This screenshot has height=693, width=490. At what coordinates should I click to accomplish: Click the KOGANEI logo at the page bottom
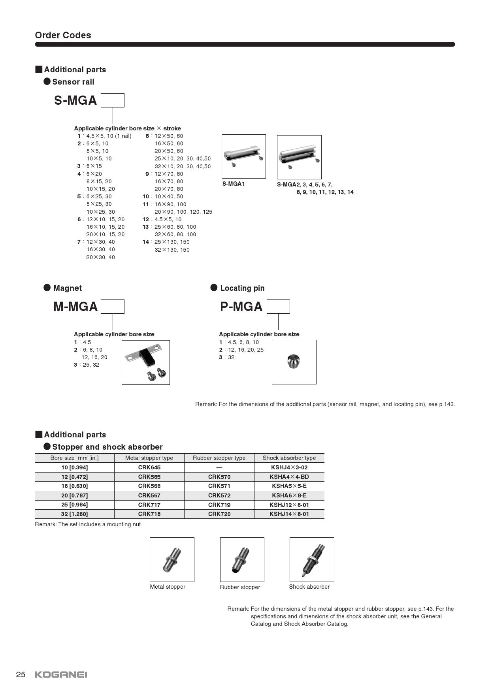coord(61,674)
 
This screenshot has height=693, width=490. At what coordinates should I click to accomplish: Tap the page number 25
coord(21,674)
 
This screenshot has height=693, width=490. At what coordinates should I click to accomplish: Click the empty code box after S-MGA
coord(113,100)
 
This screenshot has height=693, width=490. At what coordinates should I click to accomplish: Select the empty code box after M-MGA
coord(113,307)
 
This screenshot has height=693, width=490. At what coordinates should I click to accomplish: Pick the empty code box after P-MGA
coord(278,307)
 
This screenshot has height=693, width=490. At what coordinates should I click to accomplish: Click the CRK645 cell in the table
coord(149,467)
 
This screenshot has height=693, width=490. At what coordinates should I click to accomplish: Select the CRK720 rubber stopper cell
coord(219,514)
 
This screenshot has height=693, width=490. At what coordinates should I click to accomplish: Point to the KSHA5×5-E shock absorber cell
coord(289,486)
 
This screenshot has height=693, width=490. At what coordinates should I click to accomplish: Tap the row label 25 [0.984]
coord(75,505)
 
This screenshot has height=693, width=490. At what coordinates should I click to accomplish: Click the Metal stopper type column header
coord(149,458)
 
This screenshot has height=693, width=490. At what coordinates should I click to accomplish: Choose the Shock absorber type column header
coord(289,458)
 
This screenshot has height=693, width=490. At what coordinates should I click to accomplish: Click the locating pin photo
coord(294,361)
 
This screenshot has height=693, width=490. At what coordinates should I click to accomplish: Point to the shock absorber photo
coord(312,559)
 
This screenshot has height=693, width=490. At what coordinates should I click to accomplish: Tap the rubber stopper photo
coord(241,559)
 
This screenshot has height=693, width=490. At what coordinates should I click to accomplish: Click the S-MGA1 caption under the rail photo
coord(234,184)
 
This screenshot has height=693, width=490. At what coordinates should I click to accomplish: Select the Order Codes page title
coord(63,35)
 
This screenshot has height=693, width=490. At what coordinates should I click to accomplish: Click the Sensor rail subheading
coord(73,82)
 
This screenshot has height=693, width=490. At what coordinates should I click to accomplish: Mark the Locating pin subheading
coord(242,288)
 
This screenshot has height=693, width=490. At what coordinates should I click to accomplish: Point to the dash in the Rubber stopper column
coord(219,467)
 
